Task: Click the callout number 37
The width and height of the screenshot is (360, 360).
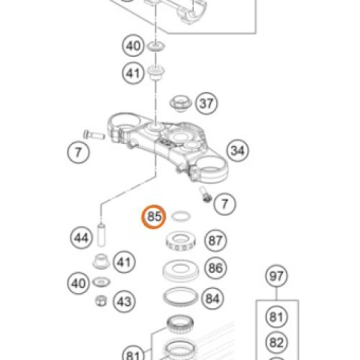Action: click(x=206, y=104)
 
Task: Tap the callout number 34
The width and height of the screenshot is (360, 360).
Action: click(x=238, y=150)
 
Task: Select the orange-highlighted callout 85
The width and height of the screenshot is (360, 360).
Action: click(x=153, y=217)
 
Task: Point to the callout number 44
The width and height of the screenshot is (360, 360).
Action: click(x=81, y=238)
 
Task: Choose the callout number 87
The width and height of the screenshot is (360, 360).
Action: click(x=215, y=240)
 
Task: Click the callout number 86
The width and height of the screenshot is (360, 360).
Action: click(x=215, y=268)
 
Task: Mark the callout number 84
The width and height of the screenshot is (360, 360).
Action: click(x=212, y=299)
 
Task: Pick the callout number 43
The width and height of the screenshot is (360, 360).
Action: click(x=124, y=302)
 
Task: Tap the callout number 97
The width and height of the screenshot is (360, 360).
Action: click(x=276, y=276)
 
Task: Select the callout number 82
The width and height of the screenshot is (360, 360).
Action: click(x=276, y=342)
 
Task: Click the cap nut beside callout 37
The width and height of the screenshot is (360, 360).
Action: click(x=181, y=104)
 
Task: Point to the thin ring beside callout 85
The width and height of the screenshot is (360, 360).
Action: click(x=181, y=216)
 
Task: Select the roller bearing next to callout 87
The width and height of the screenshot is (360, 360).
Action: click(x=181, y=241)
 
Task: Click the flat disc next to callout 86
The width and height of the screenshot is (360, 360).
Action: click(x=180, y=270)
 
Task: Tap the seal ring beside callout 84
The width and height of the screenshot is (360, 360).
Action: click(x=180, y=297)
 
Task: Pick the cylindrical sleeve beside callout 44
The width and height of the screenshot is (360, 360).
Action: click(x=101, y=235)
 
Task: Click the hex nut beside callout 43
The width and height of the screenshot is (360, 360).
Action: click(x=101, y=301)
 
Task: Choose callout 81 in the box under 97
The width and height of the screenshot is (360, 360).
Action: click(x=276, y=317)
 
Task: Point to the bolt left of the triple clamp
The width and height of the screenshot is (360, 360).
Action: click(x=94, y=135)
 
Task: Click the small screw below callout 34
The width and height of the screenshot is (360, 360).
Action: click(x=205, y=194)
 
